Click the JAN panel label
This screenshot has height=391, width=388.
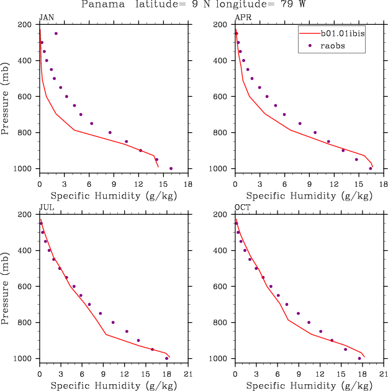46,17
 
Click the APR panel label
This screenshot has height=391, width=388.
241,17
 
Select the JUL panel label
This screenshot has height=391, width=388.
45,207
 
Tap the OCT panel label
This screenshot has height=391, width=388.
241,207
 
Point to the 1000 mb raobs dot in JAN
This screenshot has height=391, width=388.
171,168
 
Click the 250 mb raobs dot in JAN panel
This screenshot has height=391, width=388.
56,34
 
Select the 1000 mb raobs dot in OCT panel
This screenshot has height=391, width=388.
359,358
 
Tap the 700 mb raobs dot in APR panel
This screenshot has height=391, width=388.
284,114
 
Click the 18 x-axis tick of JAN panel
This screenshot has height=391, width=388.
188,184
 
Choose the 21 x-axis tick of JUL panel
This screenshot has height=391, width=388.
188,374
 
